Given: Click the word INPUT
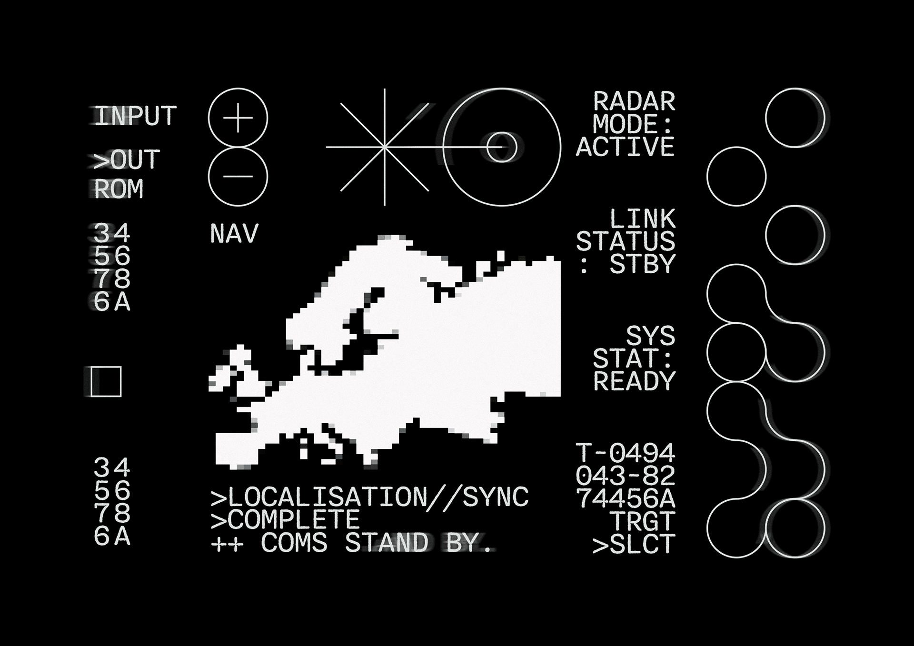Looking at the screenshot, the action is tap(135, 116).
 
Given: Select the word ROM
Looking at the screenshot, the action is tap(119, 189).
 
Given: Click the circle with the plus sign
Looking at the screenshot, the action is tap(238, 118).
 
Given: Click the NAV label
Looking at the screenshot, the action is tap(234, 234).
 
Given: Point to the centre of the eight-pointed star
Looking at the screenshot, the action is tap(385, 147).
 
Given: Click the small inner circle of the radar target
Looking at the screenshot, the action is tap(502, 147).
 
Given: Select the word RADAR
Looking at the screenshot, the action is tap(634, 102).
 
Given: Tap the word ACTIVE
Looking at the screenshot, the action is tap(626, 147).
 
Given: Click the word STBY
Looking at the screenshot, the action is tap(643, 264).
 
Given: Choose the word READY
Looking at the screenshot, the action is tap(634, 381).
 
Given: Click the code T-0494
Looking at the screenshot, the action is tap(626, 453).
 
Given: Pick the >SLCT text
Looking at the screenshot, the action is tap(634, 544).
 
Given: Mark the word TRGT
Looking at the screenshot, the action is tap(643, 521).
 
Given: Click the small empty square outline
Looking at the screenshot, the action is tap(106, 381).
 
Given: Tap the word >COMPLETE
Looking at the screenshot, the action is tap(285, 520).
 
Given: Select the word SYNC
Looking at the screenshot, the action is tap(496, 497).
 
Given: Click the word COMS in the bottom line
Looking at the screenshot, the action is tap(294, 543).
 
